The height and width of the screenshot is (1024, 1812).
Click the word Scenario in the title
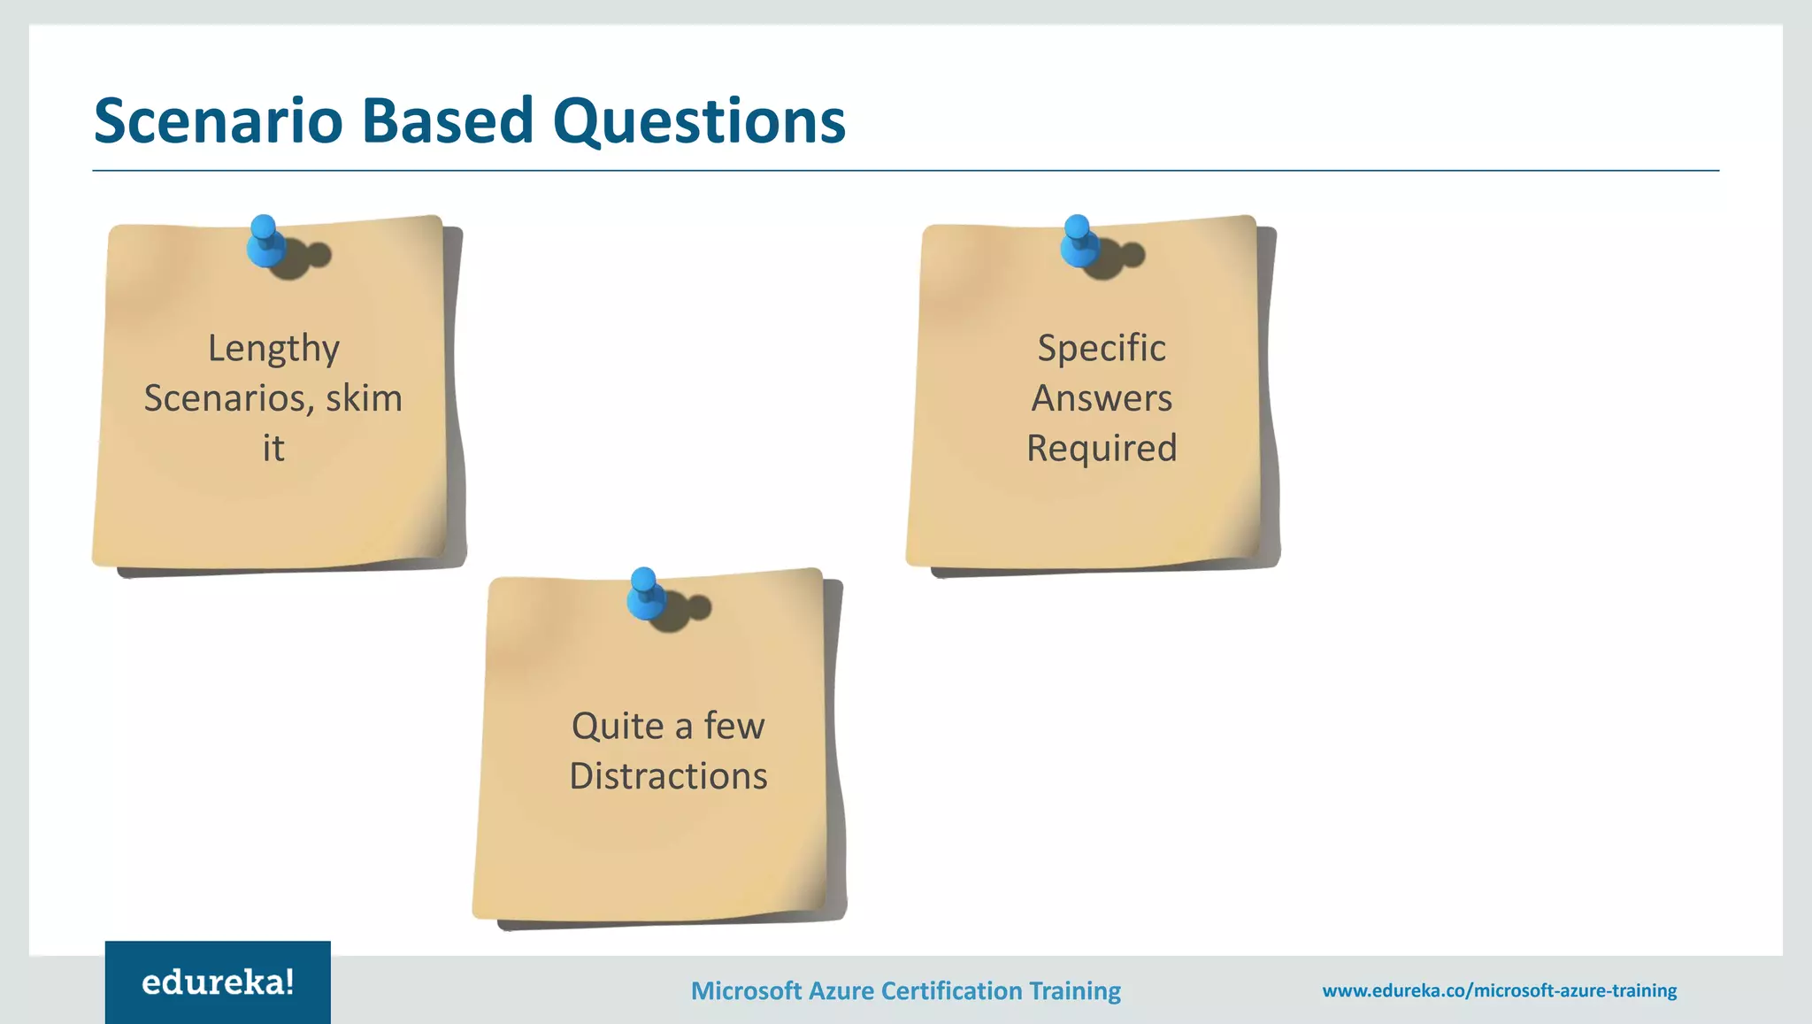coord(218,121)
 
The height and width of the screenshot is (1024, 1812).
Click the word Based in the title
coord(447,121)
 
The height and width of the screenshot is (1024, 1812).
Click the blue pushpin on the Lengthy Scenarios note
coord(265,242)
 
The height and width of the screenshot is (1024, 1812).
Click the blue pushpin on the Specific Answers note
coord(1079,242)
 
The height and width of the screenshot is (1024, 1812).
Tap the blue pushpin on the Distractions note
coord(645,594)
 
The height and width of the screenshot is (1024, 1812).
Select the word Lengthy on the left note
coord(273,349)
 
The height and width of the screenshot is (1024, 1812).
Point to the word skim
coord(364,398)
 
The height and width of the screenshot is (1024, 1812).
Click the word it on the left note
coord(273,448)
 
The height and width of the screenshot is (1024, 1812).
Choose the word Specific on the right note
coord(1102,349)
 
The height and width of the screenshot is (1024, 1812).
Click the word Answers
coord(1102,398)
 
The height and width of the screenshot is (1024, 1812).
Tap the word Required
coord(1102,448)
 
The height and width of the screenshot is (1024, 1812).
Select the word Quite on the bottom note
coord(618,727)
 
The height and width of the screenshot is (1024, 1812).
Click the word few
coord(734,726)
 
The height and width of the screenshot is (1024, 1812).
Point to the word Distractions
coord(668,776)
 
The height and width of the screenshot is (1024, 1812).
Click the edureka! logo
coord(218,982)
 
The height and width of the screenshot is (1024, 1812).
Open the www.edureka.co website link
coord(1499,990)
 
